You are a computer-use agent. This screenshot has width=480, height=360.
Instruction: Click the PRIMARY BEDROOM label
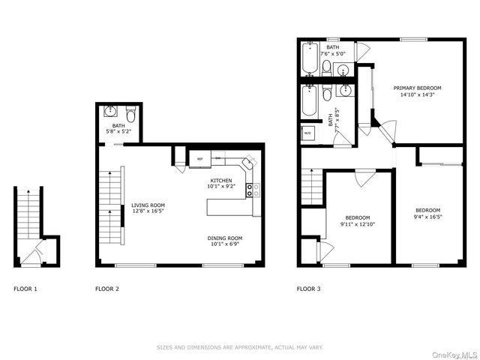(418, 88)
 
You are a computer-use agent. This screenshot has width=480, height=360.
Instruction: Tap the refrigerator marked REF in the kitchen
(200, 159)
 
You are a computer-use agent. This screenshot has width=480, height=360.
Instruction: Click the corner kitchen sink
(250, 163)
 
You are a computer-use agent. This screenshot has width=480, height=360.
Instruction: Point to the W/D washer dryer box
(307, 134)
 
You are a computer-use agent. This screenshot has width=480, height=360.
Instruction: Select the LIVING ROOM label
(148, 205)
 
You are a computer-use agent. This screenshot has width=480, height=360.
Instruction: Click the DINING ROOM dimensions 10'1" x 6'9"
(226, 244)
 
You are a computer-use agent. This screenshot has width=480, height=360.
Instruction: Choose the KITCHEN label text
(220, 180)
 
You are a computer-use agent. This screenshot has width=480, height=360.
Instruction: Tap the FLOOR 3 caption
(308, 289)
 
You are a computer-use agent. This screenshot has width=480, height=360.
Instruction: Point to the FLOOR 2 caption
(106, 289)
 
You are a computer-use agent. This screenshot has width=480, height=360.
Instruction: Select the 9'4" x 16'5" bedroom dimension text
(427, 216)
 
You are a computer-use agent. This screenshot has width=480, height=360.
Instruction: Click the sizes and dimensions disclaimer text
(239, 346)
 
